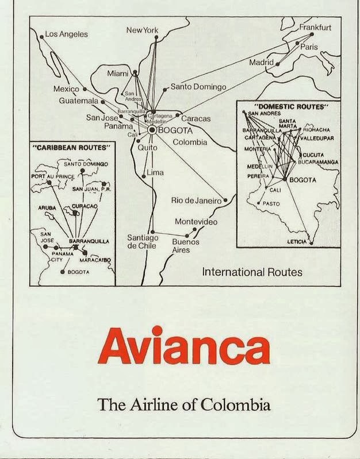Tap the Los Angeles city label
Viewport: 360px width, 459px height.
[67, 34]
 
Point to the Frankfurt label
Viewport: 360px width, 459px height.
[315, 27]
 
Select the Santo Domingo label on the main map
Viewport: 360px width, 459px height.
[199, 87]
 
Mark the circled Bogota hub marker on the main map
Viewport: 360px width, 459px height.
[152, 130]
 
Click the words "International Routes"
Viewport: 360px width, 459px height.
[252, 272]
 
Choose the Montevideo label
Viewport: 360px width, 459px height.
[196, 222]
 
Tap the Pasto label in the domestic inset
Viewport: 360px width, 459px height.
[271, 203]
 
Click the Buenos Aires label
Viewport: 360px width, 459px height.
[185, 246]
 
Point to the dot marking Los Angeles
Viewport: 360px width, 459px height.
[41, 37]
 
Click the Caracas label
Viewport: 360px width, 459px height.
[196, 119]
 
